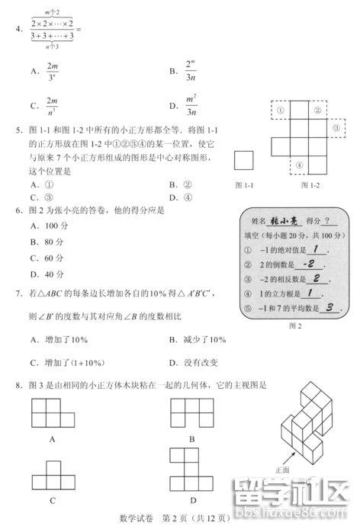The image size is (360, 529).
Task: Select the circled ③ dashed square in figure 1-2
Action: tap(336, 130)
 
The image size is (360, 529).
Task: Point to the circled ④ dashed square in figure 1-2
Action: tap(300, 165)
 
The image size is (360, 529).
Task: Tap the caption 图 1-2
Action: tap(310, 184)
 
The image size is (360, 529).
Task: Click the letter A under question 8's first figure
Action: tap(52, 438)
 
